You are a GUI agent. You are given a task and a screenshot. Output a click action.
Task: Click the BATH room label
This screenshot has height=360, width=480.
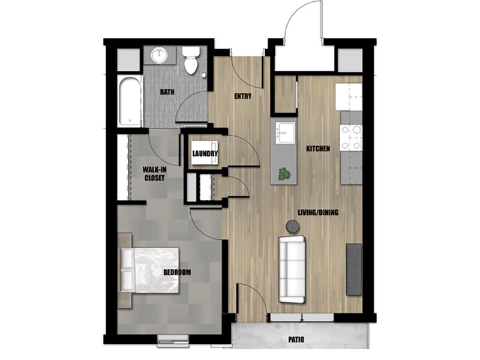click(x=167, y=92)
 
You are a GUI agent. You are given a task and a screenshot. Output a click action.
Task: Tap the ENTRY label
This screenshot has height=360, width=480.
click(x=243, y=96)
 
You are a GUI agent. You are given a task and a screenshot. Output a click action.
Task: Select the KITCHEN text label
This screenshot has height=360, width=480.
click(x=318, y=149)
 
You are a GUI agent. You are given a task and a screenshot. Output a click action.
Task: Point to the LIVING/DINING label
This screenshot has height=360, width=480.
click(x=318, y=212)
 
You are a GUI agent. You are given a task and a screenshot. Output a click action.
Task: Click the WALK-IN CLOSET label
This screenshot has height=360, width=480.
click(x=155, y=174)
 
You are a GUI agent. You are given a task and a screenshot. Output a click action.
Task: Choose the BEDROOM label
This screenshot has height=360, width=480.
click(x=177, y=272)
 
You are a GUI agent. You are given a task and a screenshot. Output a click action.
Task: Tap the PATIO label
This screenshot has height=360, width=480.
click(x=296, y=340)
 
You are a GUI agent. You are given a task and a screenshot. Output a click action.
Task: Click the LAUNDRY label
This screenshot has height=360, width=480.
click(x=205, y=154)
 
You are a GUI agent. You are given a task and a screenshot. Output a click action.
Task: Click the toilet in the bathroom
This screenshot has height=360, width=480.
click(x=191, y=61)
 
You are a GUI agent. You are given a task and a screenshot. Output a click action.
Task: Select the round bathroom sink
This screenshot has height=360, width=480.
click(x=159, y=55)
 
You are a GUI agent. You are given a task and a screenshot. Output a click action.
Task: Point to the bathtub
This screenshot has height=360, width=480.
click(x=130, y=100)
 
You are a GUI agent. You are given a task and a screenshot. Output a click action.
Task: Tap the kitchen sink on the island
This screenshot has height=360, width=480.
click(x=286, y=133)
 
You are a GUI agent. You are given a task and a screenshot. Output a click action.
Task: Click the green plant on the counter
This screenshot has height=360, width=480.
click(x=285, y=174)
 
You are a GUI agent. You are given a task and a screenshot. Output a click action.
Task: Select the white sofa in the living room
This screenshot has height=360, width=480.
click(x=292, y=269)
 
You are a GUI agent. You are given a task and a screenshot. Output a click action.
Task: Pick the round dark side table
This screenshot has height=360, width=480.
click(x=293, y=226)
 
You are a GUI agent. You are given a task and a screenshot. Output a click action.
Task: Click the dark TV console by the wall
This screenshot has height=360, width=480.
click(x=353, y=269)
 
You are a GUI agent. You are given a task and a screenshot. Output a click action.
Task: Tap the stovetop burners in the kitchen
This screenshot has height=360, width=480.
click(x=351, y=138)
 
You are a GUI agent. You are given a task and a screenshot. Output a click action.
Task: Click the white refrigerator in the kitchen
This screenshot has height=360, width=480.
click(x=349, y=97)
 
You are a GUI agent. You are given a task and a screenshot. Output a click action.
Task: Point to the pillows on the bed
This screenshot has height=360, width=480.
click(x=127, y=269)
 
